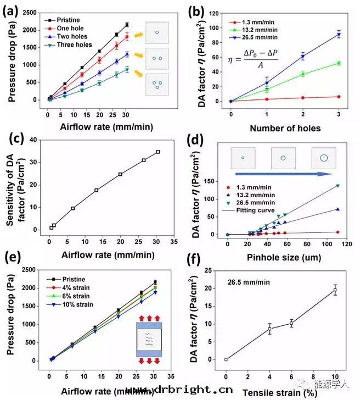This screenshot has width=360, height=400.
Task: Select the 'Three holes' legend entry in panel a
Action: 69,45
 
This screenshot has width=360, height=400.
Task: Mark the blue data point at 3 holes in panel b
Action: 339,35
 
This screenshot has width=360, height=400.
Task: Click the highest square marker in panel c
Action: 158,152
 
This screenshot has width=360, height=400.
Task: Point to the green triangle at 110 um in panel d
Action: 338,186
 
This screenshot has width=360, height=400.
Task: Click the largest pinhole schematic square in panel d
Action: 324,158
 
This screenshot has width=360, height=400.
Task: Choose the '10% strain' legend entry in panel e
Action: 69,304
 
